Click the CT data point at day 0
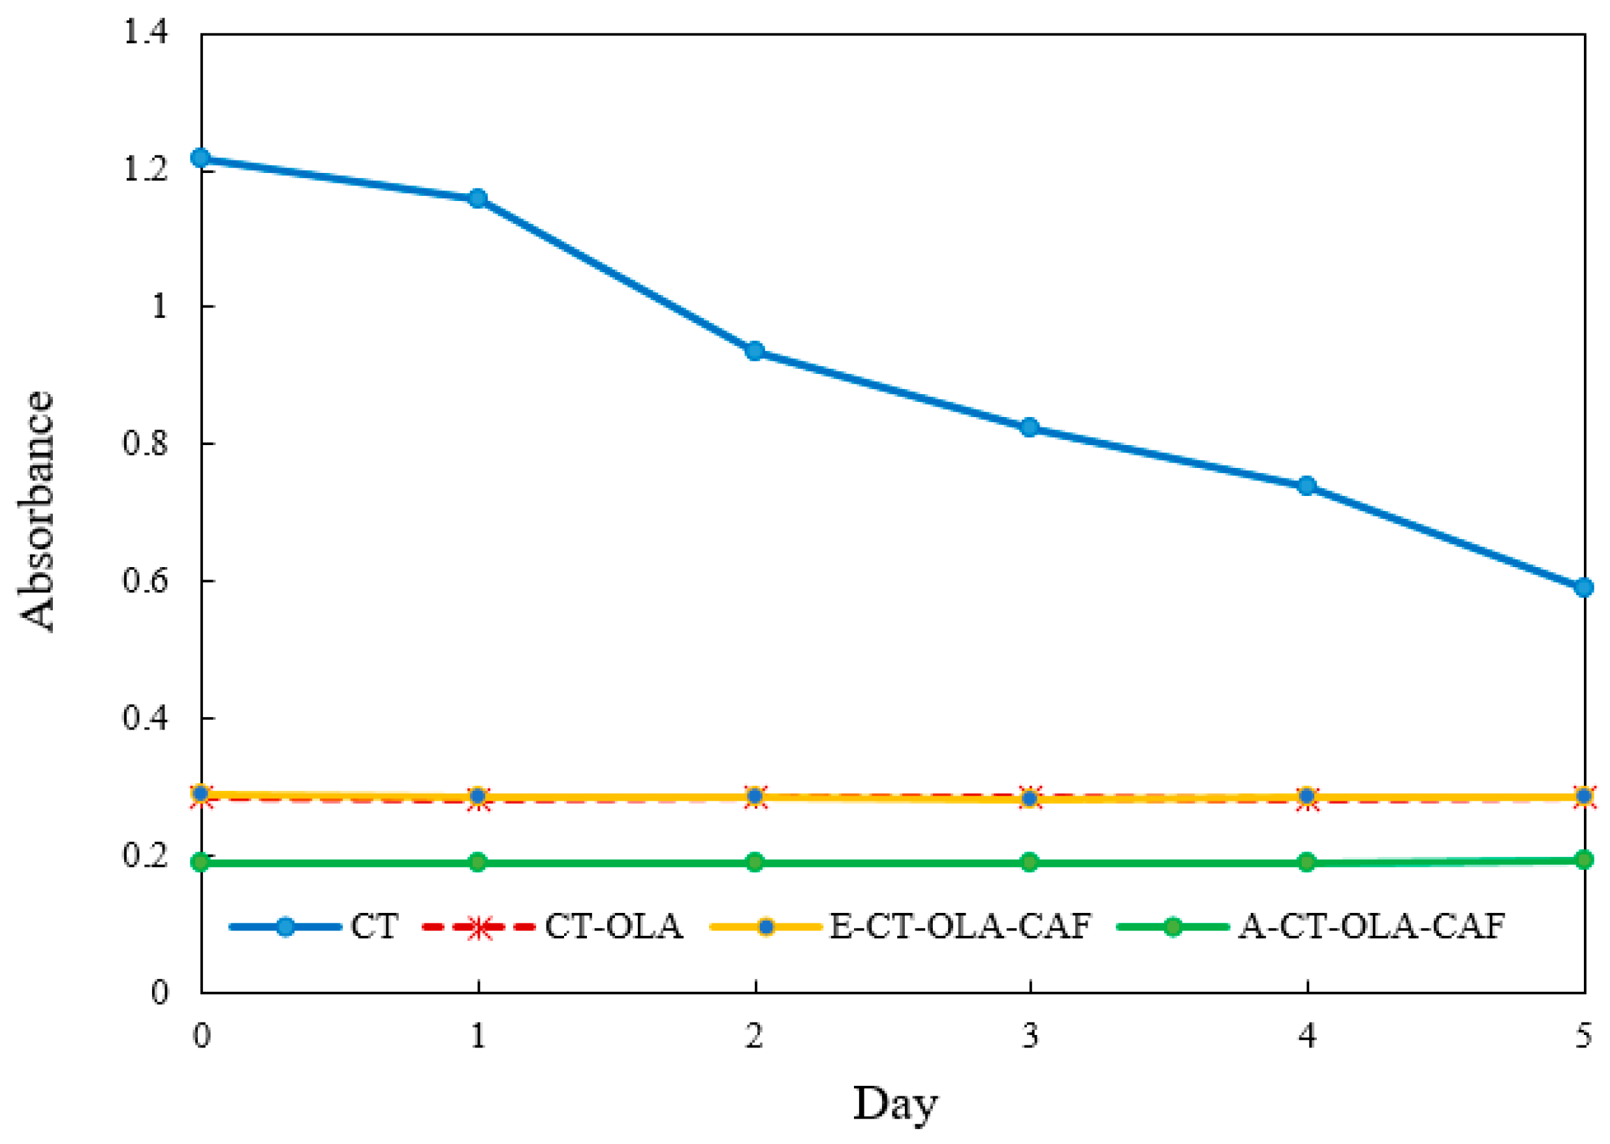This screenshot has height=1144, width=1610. [201, 157]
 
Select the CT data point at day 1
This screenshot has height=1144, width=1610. [478, 198]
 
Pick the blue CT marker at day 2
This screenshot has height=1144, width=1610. [755, 351]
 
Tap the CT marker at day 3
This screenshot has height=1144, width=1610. [1030, 427]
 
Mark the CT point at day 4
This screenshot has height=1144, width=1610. [1307, 486]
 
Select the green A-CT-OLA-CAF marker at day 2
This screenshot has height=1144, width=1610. [755, 862]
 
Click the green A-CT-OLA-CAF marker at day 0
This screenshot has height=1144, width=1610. [201, 862]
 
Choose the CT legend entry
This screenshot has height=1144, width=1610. [374, 926]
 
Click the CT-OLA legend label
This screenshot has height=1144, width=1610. [613, 926]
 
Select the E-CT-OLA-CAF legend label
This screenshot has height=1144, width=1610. [960, 926]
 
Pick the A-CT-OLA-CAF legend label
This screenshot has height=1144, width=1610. [1371, 926]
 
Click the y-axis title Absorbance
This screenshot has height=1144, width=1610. [37, 510]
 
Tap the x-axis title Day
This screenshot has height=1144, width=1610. [895, 1103]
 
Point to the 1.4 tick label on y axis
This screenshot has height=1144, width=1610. [146, 33]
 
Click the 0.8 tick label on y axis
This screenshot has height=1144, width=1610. [146, 444]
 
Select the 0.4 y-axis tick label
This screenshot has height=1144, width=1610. [146, 718]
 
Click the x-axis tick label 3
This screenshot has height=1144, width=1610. [1030, 1036]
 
